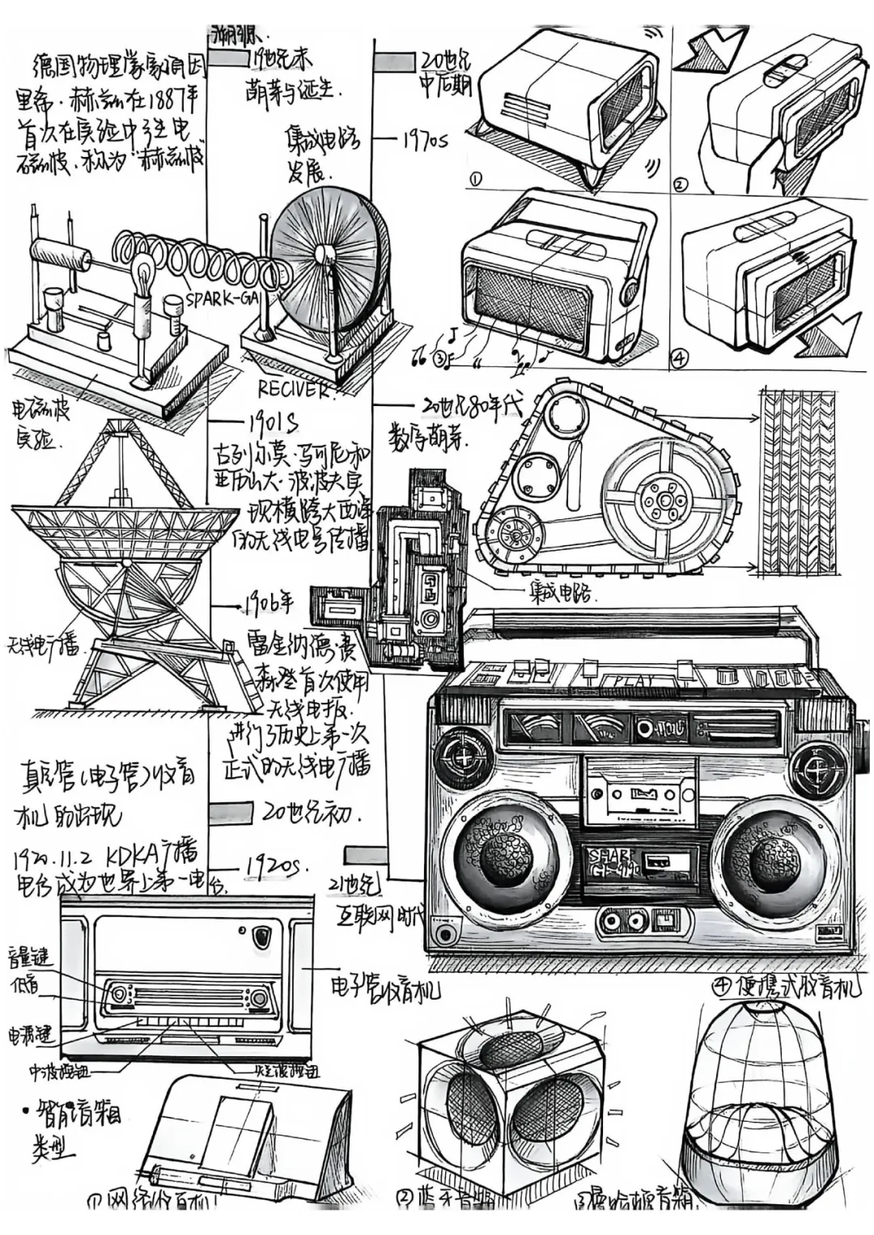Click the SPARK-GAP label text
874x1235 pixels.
coord(223,298)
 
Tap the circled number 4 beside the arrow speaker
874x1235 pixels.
coord(680,358)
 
